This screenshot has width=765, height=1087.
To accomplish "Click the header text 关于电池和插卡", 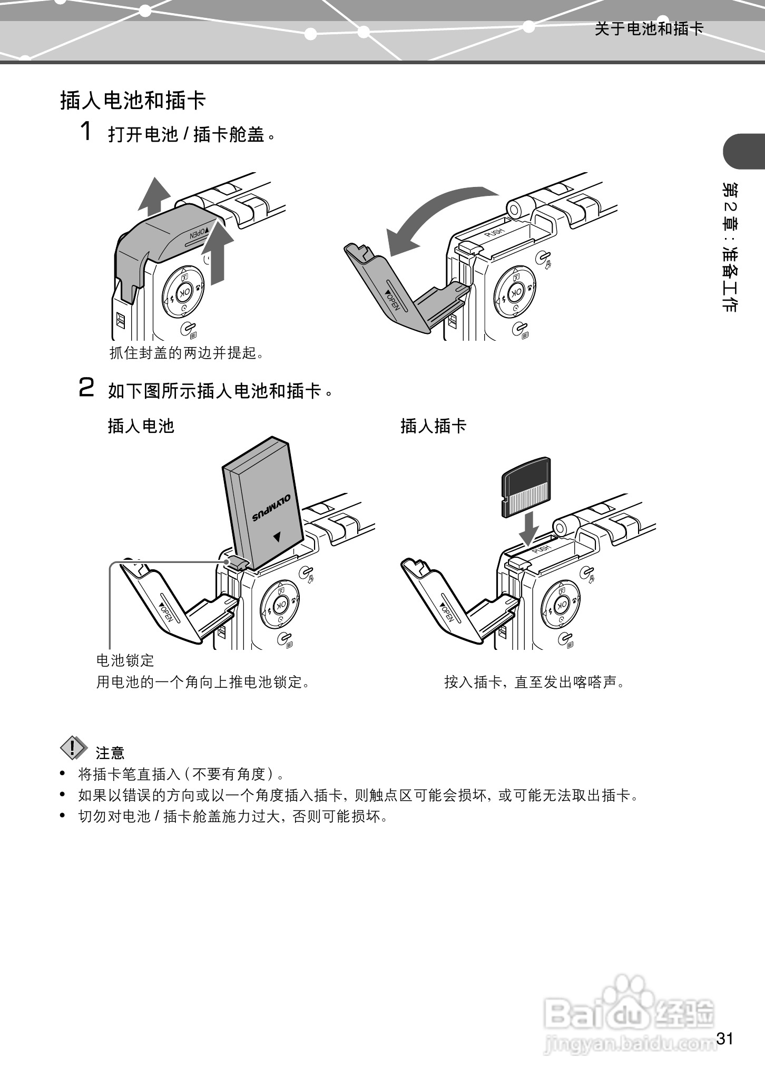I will point(649,28).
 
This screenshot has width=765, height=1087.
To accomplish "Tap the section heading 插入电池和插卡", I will point(133,100).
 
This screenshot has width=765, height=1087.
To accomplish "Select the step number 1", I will point(86,131).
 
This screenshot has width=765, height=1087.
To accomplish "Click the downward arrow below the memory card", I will point(528,528).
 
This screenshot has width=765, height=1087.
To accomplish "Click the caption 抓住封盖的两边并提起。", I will point(186,353).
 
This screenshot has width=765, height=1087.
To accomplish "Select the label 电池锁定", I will point(125,660).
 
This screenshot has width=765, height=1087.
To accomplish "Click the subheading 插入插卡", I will point(433,426).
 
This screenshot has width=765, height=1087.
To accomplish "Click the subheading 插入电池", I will point(141,426).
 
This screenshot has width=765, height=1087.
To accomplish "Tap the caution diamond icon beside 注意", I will point(74,748).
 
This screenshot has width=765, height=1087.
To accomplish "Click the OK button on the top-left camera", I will point(183,292).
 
